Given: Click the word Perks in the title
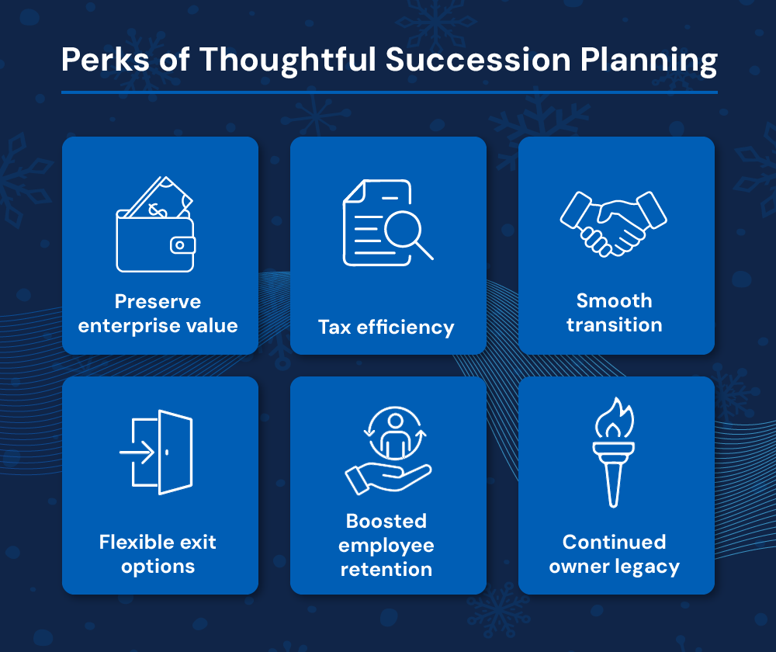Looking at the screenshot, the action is coord(106,60).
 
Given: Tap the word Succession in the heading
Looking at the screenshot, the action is coord(477,60).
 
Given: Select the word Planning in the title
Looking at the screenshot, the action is coord(649,61).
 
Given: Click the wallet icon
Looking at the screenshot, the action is coord(155,224).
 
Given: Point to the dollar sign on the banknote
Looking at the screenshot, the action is coord(158,211).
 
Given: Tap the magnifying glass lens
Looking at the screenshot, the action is coord(403,229).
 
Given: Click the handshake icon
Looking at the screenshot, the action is coord(614,224).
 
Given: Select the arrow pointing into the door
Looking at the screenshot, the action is coord(137,452).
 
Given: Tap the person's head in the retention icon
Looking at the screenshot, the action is coord(396,421).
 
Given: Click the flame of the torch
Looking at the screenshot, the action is coord(614,419).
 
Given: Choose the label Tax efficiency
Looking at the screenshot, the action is coord(386,328).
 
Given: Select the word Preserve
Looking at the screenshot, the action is coord(158,301).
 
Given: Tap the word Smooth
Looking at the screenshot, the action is coord(614,300).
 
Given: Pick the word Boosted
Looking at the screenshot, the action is coord(386,521).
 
